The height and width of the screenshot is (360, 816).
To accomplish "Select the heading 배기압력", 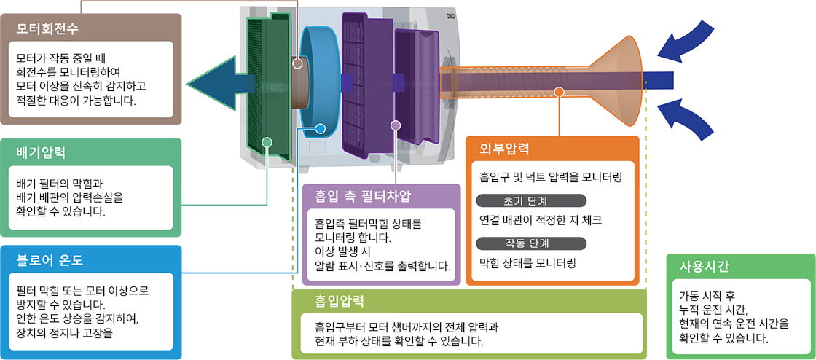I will point(41,153).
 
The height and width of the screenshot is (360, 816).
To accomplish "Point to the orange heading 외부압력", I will point(504,150).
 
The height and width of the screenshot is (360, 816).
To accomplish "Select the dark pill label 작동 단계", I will point(530,243).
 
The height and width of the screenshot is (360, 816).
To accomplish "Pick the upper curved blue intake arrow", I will point(688,42).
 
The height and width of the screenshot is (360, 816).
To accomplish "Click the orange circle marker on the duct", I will point(559,92).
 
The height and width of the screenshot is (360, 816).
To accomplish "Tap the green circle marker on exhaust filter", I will point(267,141).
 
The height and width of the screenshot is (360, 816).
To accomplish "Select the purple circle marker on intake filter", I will point(396,125).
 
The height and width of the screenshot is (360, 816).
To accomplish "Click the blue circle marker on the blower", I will point(320,130).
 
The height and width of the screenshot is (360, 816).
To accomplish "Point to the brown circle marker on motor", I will point(297,64).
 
